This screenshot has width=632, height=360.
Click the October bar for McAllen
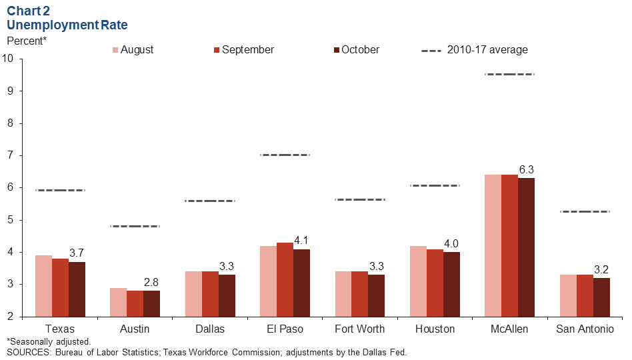tap(526, 247)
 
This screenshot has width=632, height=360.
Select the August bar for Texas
tap(43, 286)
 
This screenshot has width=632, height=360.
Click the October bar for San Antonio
tap(601, 297)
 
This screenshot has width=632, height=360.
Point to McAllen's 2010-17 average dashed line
tap(509, 74)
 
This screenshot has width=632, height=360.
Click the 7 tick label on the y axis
tap(11, 155)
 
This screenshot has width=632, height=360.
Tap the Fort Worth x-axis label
tap(359, 329)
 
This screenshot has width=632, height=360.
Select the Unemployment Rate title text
tap(67, 25)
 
